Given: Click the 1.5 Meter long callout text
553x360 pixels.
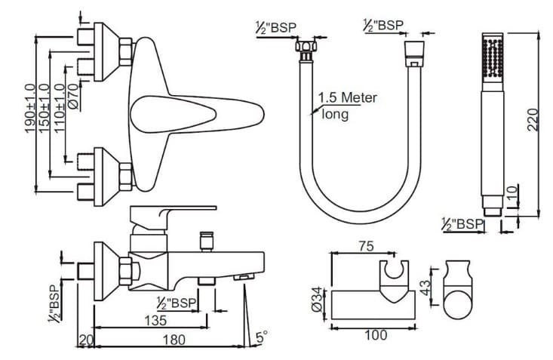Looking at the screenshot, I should [346, 106].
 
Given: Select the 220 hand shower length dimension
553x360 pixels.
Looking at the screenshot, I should [533, 119].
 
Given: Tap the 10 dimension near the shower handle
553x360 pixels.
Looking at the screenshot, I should [512, 195].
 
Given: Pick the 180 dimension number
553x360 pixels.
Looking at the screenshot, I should [175, 340].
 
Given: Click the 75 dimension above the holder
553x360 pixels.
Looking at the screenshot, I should [366, 247].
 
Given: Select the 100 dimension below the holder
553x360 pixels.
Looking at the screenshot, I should [375, 334].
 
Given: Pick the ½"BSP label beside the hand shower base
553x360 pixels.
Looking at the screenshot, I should [462, 224].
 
